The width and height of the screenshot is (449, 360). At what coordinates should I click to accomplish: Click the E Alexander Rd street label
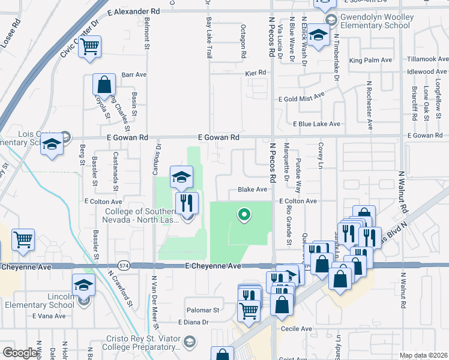134,11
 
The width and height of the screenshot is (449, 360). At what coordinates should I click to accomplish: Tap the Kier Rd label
255,73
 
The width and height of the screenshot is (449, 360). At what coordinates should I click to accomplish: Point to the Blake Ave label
252,189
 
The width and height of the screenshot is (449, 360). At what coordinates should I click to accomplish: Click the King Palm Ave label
370,60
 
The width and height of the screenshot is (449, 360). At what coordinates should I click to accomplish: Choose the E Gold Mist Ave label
301,96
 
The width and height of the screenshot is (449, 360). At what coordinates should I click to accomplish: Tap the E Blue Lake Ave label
316,124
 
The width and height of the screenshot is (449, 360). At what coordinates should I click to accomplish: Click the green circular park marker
244,214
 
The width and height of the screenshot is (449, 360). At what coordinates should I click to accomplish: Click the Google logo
20,353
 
